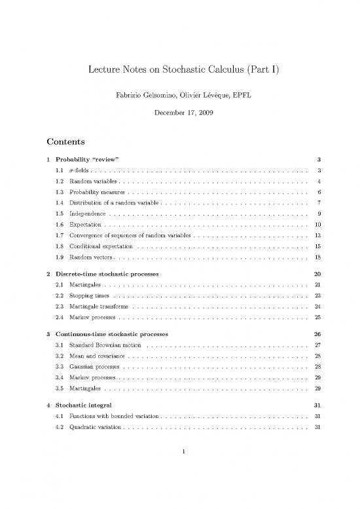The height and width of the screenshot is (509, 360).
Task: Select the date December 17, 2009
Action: pyautogui.click(x=179, y=116)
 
